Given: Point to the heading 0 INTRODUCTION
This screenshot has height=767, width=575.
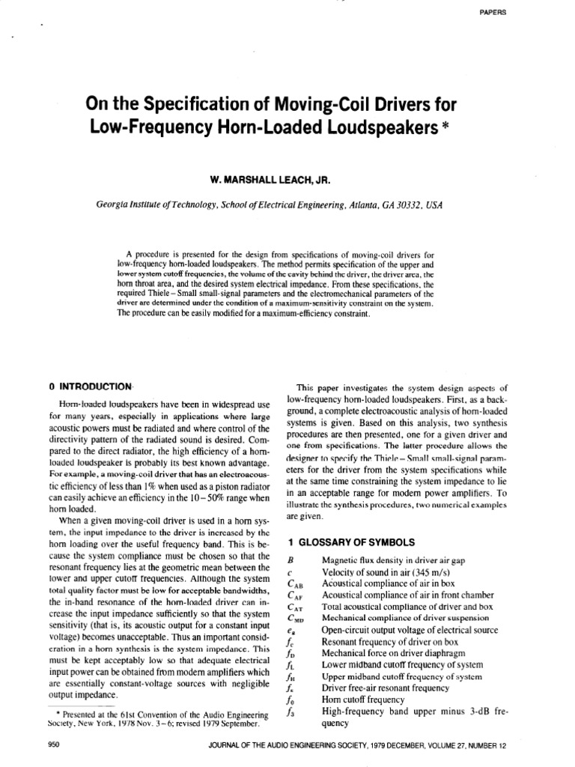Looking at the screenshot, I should pos(91,386).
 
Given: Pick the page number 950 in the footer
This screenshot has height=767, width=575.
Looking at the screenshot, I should pos(53,745).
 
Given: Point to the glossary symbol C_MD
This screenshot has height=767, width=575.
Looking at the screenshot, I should pos(293,618).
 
